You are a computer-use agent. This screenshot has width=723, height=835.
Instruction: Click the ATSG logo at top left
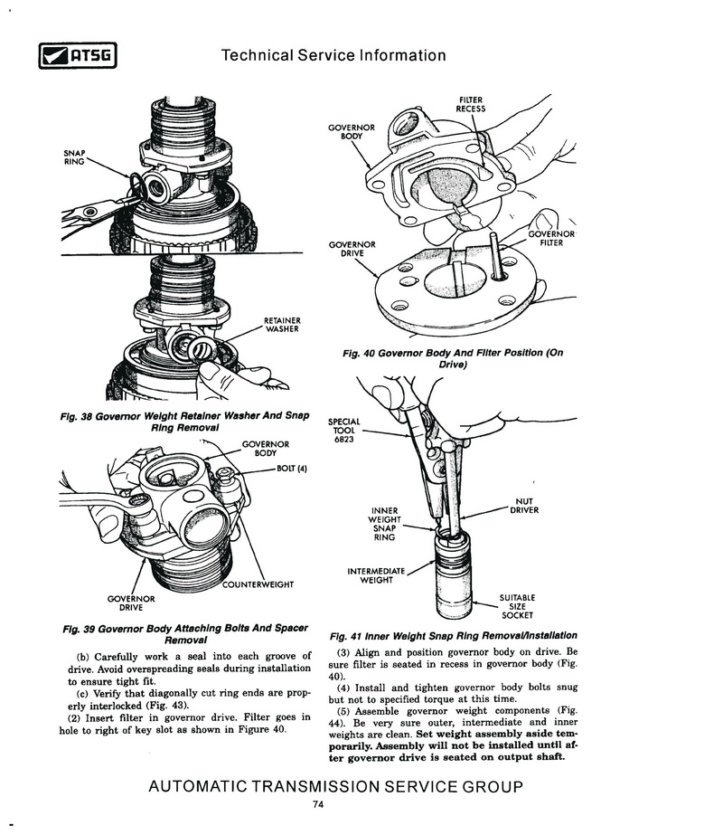coord(77,55)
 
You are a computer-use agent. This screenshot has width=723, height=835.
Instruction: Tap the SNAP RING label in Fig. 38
coord(74,157)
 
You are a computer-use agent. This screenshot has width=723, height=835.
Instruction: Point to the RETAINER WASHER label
coord(282,325)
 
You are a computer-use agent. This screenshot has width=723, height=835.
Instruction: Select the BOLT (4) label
coord(292,470)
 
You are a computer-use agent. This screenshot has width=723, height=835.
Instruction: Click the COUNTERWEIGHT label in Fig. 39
coord(258,584)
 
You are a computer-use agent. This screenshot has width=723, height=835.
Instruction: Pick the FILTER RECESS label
coord(470,104)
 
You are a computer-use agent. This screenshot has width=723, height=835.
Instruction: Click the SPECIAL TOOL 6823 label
coord(343,431)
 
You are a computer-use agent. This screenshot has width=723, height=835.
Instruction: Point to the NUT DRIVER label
coord(524,506)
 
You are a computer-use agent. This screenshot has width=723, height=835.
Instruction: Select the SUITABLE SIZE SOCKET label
coord(517,606)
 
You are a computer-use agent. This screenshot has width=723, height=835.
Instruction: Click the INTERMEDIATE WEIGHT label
coord(376,575)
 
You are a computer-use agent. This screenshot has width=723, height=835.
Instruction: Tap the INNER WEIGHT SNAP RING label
coord(384,524)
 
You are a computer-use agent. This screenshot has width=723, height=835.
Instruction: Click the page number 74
coord(318,804)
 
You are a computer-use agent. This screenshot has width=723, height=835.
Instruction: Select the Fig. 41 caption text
coord(454,636)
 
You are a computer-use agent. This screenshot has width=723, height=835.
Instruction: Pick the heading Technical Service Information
coord(333,55)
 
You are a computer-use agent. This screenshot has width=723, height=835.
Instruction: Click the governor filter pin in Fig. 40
coord(495,256)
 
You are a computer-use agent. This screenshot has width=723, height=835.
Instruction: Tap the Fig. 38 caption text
coord(184,422)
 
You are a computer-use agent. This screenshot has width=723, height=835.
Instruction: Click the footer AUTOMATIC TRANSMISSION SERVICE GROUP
coord(335,786)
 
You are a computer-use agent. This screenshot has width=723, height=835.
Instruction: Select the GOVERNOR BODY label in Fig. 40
coord(352,132)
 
